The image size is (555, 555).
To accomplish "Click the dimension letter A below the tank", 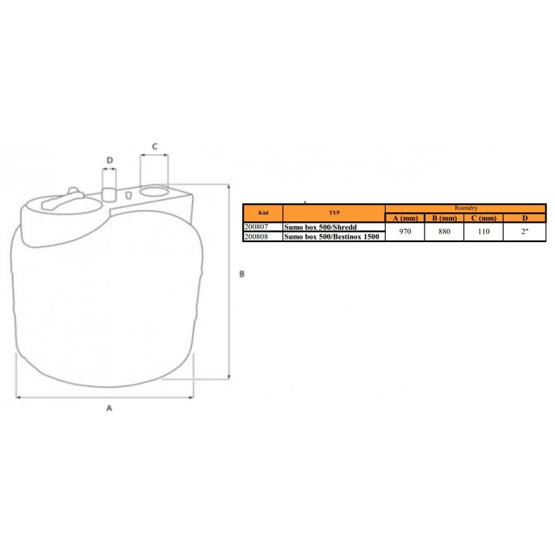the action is (109, 408).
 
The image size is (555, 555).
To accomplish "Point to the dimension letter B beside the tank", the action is (241, 274).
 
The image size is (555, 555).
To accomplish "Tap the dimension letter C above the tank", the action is (155, 146).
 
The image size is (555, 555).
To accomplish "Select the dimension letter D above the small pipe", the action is (110, 160).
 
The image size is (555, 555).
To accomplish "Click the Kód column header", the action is (263, 213).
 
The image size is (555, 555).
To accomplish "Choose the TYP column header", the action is (334, 213).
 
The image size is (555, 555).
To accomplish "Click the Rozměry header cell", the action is (466, 208).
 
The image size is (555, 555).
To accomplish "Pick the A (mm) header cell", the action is (405, 218).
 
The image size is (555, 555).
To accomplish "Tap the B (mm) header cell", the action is (444, 218).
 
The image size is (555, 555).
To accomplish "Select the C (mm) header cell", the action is (484, 218).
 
